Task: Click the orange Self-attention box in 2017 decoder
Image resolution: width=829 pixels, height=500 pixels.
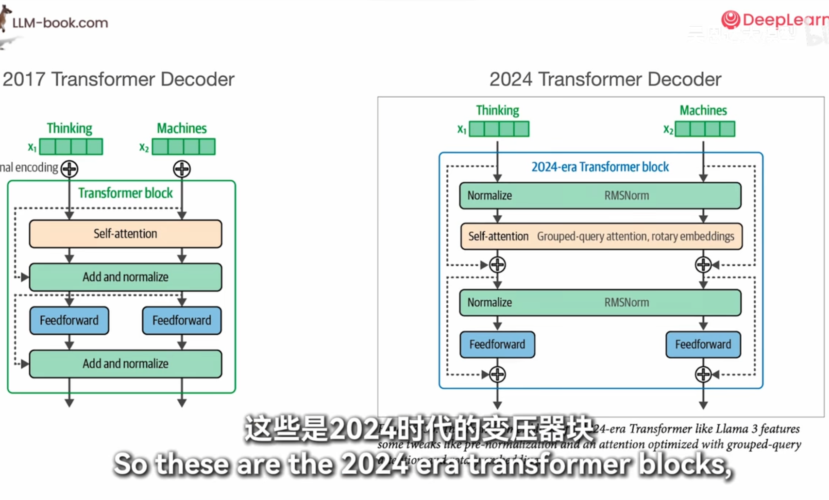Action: pyautogui.click(x=125, y=234)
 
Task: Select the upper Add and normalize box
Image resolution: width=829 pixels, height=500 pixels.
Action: pyautogui.click(x=125, y=277)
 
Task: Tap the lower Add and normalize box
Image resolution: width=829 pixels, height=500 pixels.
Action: pyautogui.click(x=125, y=363)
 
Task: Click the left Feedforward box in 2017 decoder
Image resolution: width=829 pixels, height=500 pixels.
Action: pyautogui.click(x=69, y=320)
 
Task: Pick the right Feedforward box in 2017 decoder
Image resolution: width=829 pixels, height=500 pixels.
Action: pyautogui.click(x=182, y=320)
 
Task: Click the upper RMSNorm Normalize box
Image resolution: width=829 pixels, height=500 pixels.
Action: pyautogui.click(x=600, y=195)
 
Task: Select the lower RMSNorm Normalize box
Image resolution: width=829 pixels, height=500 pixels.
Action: pyautogui.click(x=600, y=302)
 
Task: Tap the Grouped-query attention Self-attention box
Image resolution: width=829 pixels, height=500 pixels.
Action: pyautogui.click(x=601, y=236)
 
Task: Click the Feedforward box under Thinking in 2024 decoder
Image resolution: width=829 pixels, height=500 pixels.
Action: pyautogui.click(x=497, y=345)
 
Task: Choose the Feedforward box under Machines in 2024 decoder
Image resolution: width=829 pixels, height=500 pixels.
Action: pyautogui.click(x=703, y=345)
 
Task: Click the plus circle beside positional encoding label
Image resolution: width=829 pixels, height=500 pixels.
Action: pyautogui.click(x=69, y=169)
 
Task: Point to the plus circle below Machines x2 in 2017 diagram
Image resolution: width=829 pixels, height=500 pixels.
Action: pyautogui.click(x=182, y=169)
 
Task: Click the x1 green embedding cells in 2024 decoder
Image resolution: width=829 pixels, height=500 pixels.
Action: pyautogui.click(x=499, y=129)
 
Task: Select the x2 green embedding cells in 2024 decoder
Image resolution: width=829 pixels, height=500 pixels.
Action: pyautogui.click(x=705, y=129)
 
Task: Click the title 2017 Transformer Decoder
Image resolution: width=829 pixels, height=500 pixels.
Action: pyautogui.click(x=118, y=79)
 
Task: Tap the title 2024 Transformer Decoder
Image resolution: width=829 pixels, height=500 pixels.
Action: pyautogui.click(x=605, y=79)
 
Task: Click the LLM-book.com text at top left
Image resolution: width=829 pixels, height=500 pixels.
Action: pyautogui.click(x=60, y=23)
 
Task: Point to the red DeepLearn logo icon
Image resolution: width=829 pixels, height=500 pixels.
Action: pyautogui.click(x=730, y=19)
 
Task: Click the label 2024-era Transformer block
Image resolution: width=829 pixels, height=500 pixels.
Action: pyautogui.click(x=600, y=167)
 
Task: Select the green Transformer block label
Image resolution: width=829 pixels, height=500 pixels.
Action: pyautogui.click(x=125, y=193)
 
